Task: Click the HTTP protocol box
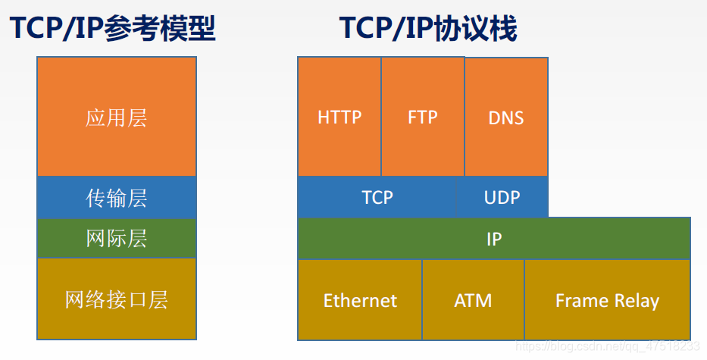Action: (339, 117)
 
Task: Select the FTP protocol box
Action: (422, 117)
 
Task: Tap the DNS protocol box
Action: (505, 117)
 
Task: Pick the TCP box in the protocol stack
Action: (377, 197)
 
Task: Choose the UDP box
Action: (502, 197)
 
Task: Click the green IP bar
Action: (493, 239)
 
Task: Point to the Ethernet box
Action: (360, 300)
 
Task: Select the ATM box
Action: (473, 300)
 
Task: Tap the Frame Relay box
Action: (607, 300)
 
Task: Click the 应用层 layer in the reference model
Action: (116, 117)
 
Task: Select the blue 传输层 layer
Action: (116, 198)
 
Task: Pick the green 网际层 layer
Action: (116, 239)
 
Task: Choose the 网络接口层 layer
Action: (116, 299)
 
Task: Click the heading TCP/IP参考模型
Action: (113, 29)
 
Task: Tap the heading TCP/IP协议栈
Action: (427, 29)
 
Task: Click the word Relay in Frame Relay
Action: (635, 300)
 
